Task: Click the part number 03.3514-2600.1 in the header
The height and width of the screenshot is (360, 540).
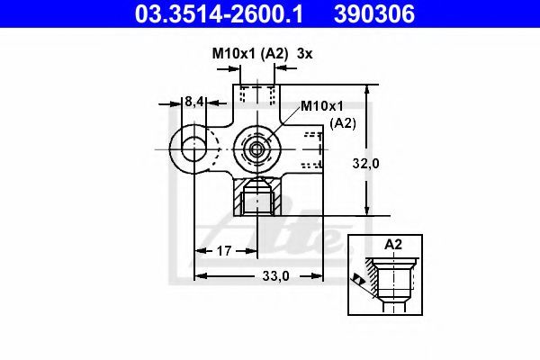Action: tap(219, 13)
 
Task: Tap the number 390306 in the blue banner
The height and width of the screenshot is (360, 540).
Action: tap(374, 13)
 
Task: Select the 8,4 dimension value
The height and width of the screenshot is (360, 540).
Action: tap(194, 102)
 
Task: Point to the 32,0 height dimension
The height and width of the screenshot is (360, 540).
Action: tap(365, 163)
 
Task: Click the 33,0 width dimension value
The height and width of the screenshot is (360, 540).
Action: tap(275, 275)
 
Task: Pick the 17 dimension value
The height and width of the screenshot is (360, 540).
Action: tap(224, 251)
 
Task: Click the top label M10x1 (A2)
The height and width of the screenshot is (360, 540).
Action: tap(249, 54)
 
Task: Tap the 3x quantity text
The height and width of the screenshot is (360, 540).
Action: tap(304, 54)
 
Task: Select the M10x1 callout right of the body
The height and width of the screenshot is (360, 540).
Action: tap(321, 106)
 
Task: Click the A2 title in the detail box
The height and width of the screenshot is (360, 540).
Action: tap(393, 244)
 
